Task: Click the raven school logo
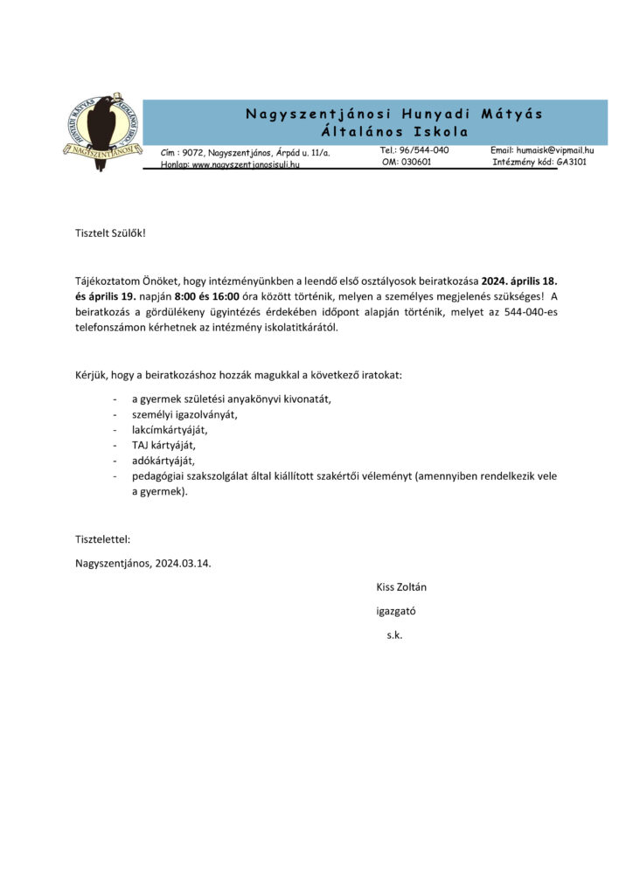[103, 132]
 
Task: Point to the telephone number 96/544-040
[424, 150]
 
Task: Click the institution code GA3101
[572, 162]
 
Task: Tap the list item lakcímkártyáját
[170, 429]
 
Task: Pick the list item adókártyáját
[164, 461]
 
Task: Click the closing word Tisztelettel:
[103, 539]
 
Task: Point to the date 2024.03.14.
[184, 563]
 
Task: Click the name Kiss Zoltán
[401, 587]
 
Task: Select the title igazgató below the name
[396, 611]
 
